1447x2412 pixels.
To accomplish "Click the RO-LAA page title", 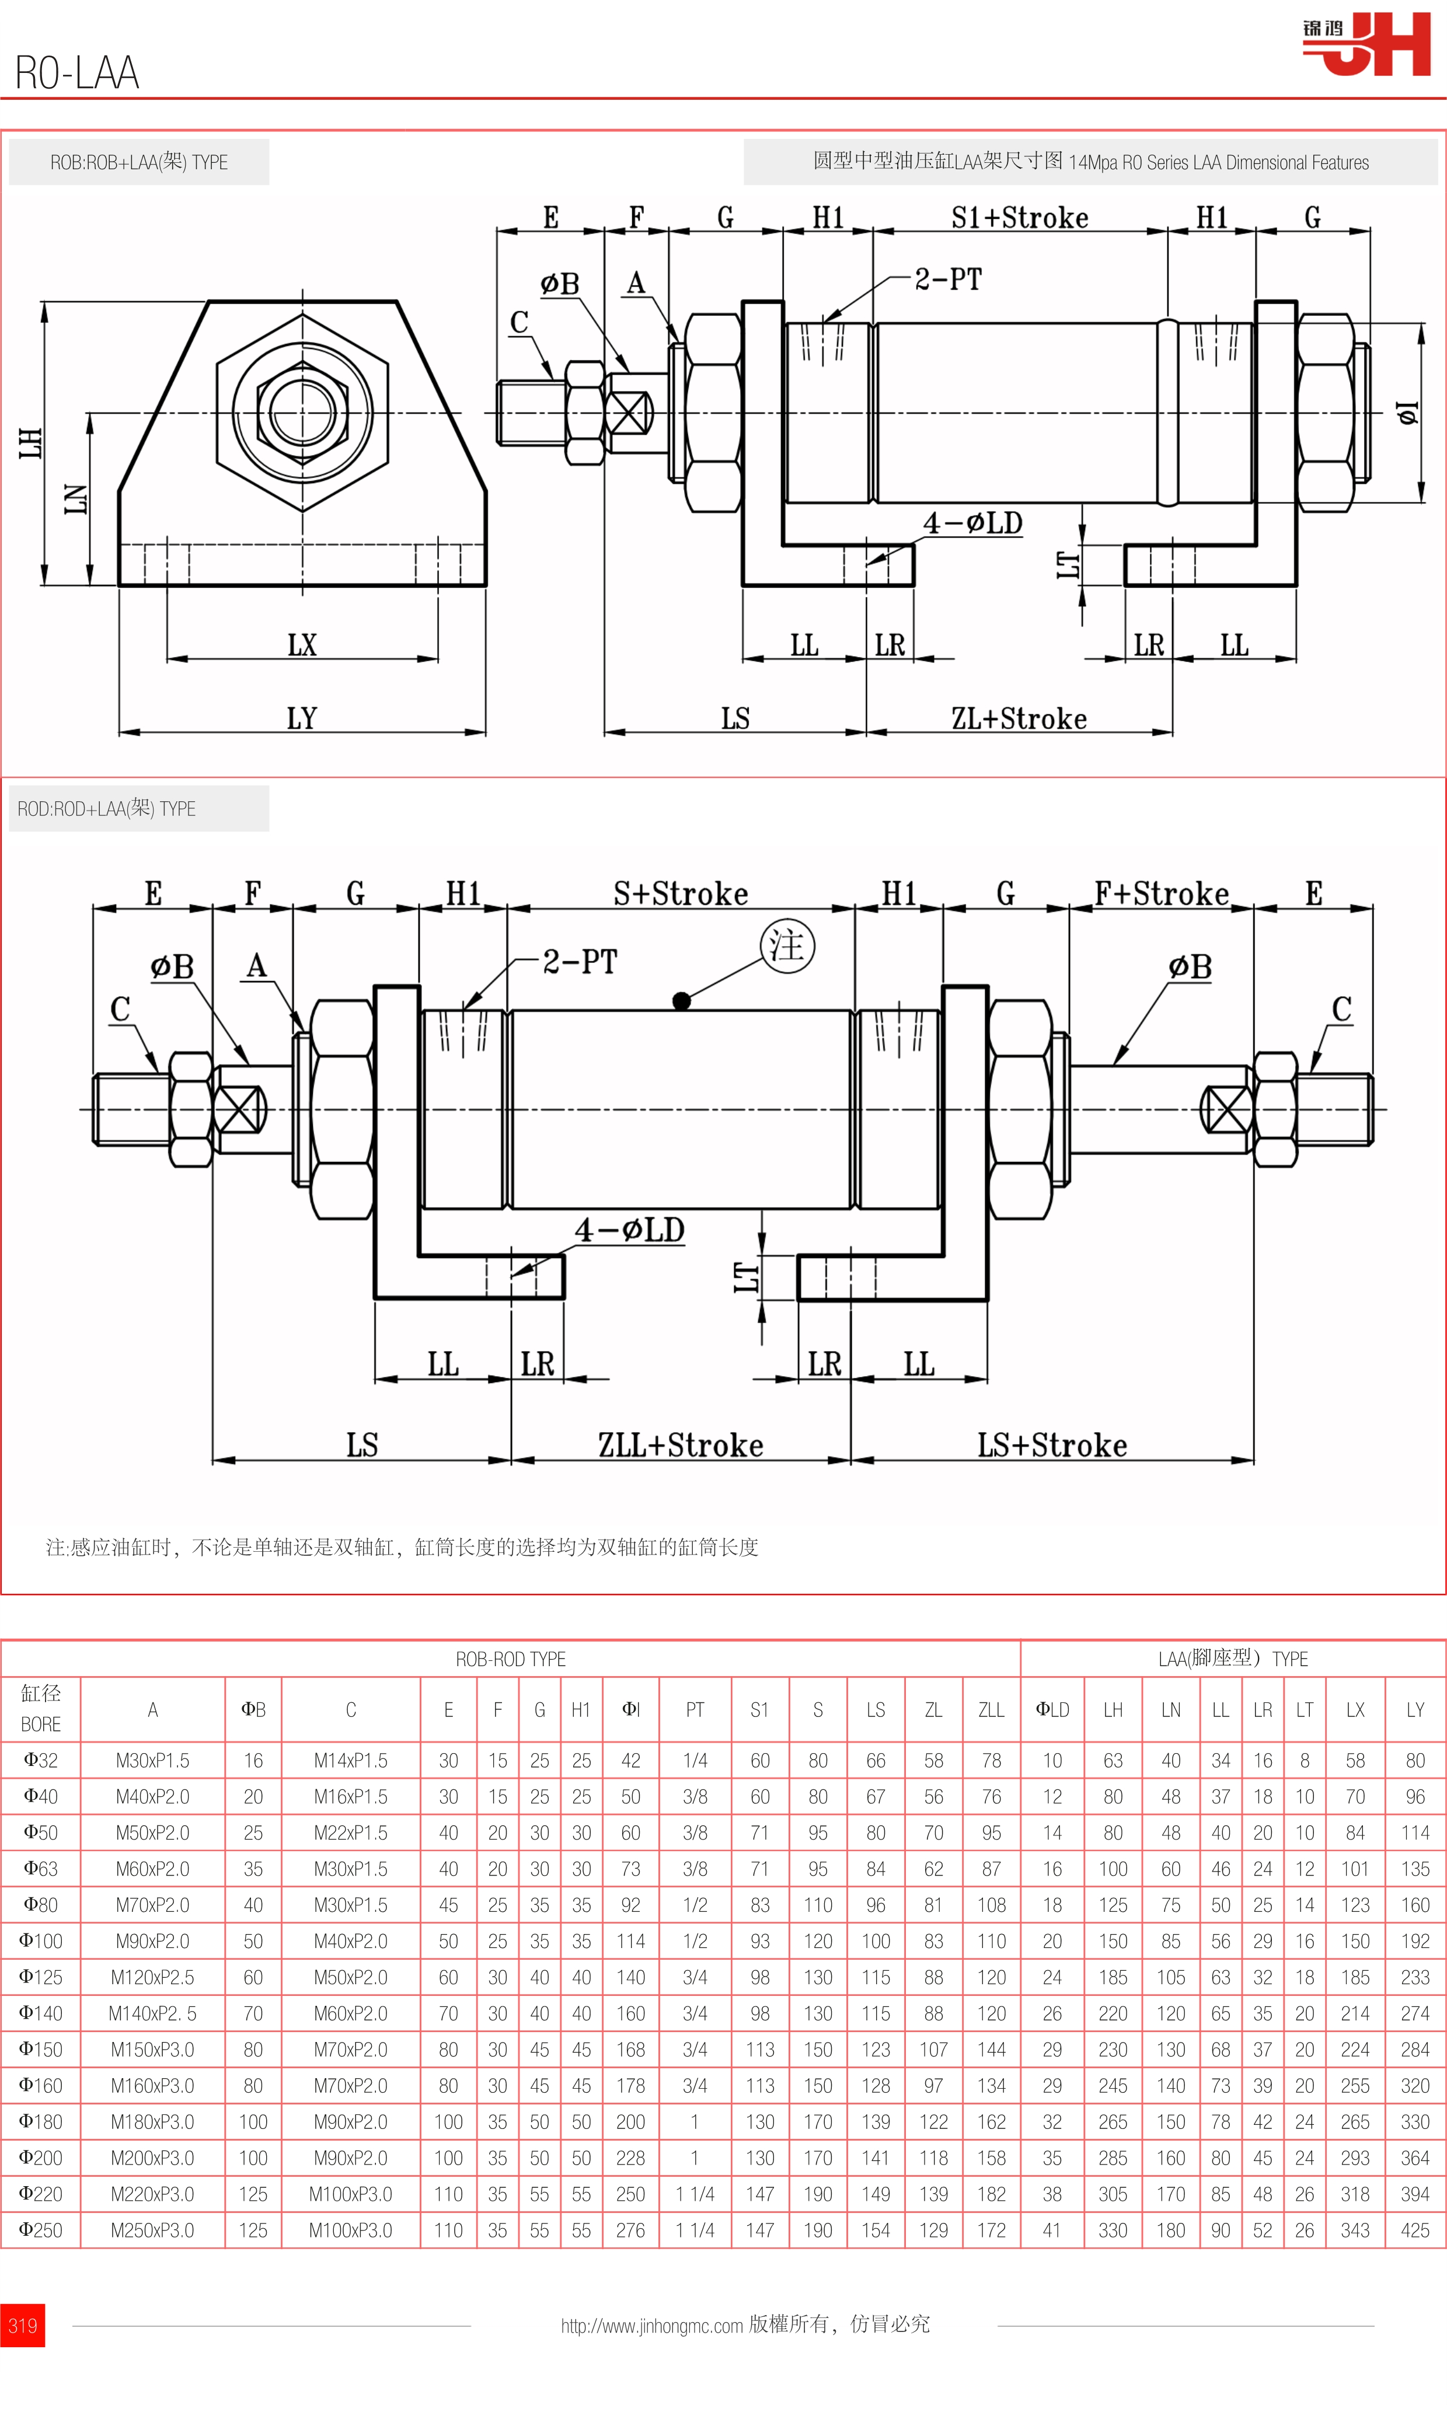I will click(x=77, y=73).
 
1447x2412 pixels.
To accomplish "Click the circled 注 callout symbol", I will click(x=787, y=945).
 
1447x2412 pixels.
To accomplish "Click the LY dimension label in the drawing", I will click(x=302, y=718).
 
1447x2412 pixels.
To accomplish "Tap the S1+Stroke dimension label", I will click(x=1020, y=218).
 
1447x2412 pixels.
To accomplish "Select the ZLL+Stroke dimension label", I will click(x=681, y=1445).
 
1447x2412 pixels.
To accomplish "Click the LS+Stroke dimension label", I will click(x=1052, y=1445).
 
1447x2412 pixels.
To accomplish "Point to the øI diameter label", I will click(x=1408, y=413).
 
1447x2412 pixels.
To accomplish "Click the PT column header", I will click(x=694, y=1710).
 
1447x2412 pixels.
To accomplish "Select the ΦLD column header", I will click(x=1052, y=1710).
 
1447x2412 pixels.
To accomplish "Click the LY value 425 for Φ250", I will click(x=1415, y=2231).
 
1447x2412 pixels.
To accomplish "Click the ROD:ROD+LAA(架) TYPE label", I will click(x=107, y=808).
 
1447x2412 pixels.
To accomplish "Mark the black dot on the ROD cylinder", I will click(x=682, y=1000).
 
